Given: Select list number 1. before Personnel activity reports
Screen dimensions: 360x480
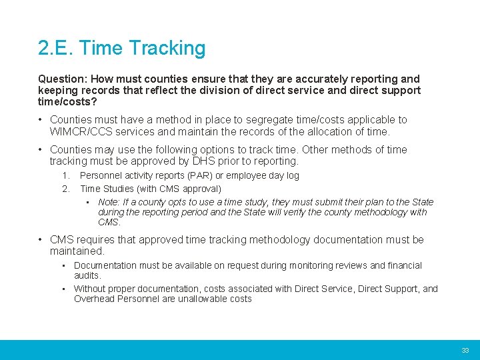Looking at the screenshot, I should (66, 176).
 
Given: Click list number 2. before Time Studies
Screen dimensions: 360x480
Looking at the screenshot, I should (66, 189).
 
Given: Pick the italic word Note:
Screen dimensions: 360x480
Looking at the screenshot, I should (109, 202).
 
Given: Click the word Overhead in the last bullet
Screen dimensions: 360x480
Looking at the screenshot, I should (93, 299).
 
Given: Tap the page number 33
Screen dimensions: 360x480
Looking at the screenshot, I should (465, 350).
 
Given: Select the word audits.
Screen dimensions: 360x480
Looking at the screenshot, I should (87, 275).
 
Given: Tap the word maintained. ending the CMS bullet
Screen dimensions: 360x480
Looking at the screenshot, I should (77, 251).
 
